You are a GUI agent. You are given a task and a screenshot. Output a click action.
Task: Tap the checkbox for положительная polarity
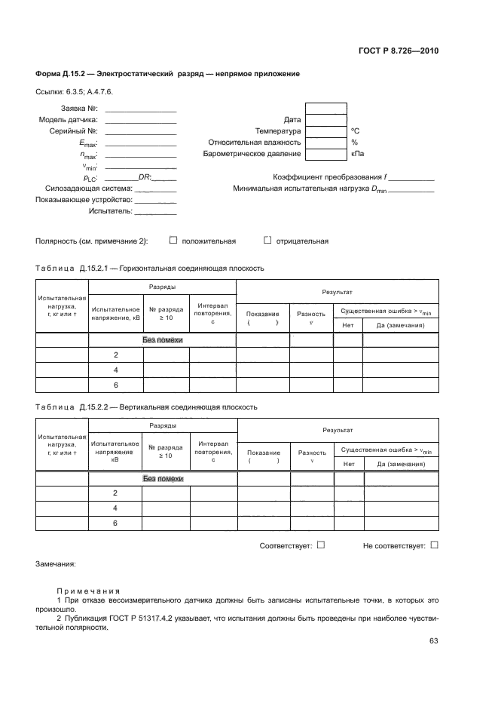point(173,241)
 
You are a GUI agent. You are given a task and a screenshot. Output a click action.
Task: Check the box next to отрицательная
point(267,241)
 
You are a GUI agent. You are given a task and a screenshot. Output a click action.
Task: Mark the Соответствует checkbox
point(321,545)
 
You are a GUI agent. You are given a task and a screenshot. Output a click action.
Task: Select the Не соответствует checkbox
point(434,545)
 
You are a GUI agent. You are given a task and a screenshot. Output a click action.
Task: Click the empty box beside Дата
point(326,119)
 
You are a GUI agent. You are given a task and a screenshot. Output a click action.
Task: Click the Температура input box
point(326,130)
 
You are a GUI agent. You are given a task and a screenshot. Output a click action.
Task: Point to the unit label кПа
point(357,154)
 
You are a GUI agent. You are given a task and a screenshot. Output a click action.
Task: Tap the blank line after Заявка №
point(141,108)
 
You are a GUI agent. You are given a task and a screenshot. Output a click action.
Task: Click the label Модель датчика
point(68,119)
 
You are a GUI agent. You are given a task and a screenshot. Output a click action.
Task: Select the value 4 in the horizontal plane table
point(116,370)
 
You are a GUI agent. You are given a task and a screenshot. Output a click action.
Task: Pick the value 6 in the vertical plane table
point(116,523)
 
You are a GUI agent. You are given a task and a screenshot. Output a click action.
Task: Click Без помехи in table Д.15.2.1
point(163,340)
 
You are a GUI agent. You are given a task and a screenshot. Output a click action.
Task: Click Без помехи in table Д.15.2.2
point(163,478)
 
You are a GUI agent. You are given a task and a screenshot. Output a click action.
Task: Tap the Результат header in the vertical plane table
point(338,430)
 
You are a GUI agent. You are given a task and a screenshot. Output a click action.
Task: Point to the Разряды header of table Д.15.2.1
point(163,287)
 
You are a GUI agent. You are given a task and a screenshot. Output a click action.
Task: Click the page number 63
point(433,641)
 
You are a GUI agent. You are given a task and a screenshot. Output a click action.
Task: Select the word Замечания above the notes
point(56,563)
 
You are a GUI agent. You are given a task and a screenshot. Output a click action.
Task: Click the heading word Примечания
point(87,591)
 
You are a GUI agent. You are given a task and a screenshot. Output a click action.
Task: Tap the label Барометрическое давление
point(252,154)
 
